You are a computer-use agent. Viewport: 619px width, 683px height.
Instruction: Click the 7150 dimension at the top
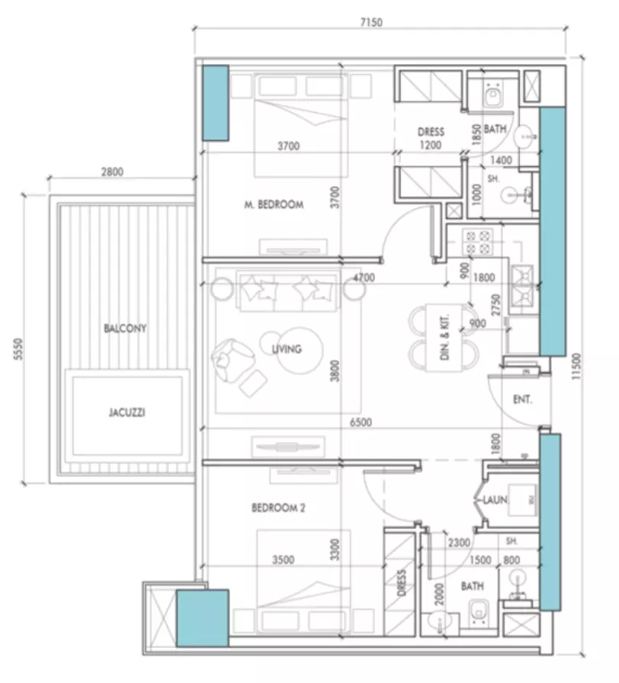pyautogui.click(x=371, y=22)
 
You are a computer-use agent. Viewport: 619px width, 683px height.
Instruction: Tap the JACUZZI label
pyautogui.click(x=127, y=412)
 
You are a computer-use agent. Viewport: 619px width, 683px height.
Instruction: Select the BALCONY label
pyautogui.click(x=125, y=328)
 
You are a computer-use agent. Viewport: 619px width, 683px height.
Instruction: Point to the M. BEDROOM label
pyautogui.click(x=274, y=204)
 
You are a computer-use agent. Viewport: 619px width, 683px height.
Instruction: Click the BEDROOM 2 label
pyautogui.click(x=278, y=508)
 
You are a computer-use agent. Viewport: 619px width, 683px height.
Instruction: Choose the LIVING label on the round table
pyautogui.click(x=287, y=349)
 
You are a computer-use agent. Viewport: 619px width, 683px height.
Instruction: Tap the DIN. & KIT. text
pyautogui.click(x=444, y=338)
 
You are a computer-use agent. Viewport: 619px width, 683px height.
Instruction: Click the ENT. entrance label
pyautogui.click(x=522, y=399)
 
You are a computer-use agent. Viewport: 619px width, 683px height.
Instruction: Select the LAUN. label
pyautogui.click(x=496, y=499)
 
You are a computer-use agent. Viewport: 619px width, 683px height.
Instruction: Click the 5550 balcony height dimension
pyautogui.click(x=18, y=349)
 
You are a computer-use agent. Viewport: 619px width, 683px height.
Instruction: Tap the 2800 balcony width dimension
pyautogui.click(x=112, y=172)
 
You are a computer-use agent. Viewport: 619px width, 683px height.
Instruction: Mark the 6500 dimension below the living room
pyautogui.click(x=361, y=422)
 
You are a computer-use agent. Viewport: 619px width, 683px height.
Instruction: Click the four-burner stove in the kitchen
pyautogui.click(x=478, y=242)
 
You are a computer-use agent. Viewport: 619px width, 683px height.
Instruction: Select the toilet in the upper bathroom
pyautogui.click(x=493, y=96)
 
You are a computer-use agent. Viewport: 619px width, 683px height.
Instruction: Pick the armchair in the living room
pyautogui.click(x=232, y=360)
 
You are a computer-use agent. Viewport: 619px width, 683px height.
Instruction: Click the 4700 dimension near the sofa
pyautogui.click(x=364, y=277)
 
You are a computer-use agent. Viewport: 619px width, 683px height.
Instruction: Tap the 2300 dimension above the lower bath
pyautogui.click(x=459, y=542)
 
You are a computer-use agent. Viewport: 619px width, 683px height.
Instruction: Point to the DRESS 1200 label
pyautogui.click(x=431, y=138)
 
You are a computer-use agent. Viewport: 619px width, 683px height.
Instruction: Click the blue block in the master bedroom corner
pyautogui.click(x=216, y=103)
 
